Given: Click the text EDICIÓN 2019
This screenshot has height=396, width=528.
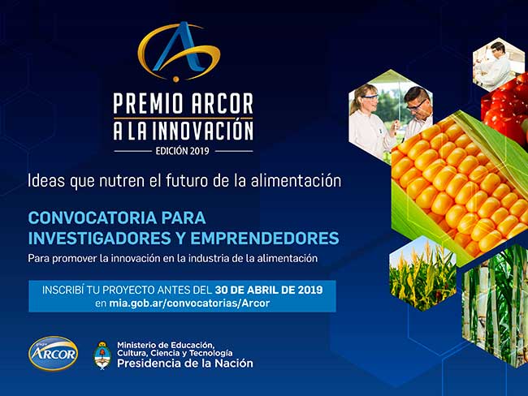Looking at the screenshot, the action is coord(182,151).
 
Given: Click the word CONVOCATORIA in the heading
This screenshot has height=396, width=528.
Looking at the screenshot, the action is coord(92,218).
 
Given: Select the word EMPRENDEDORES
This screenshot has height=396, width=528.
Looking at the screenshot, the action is coord(265,239).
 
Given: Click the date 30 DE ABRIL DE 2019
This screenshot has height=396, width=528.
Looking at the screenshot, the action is coord(268,290).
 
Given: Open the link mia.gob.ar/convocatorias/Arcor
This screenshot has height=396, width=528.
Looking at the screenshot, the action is coord(189,303).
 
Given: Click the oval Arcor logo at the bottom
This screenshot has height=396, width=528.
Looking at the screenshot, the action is coord(53,353).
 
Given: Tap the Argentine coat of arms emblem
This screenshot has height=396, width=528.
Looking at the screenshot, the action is coord(102,355).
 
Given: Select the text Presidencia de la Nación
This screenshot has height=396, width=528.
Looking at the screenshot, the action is coord(185,364).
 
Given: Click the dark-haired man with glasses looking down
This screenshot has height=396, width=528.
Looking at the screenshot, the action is coord(418,111).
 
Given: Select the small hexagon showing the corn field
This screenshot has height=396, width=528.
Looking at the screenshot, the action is coord(422,273).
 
